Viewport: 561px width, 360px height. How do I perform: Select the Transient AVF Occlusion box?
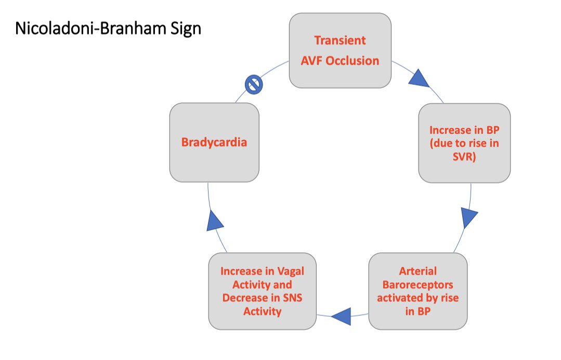[340, 50]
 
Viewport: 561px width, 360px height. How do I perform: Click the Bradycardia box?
[214, 142]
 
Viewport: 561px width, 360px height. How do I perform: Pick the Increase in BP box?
[464, 143]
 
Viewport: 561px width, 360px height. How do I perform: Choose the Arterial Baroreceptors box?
[418, 291]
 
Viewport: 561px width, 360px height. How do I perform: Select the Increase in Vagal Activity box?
[262, 291]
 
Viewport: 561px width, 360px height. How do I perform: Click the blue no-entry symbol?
[254, 84]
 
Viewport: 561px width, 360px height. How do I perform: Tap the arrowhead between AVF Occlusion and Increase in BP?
[419, 79]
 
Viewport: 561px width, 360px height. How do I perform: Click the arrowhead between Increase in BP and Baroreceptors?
[469, 217]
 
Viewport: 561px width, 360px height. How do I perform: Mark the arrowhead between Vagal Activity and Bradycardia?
[214, 221]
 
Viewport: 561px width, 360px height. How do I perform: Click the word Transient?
[340, 40]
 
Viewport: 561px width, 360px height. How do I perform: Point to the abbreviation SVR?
[464, 156]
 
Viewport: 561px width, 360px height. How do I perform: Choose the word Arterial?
[418, 271]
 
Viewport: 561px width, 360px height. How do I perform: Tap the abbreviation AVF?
[312, 60]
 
